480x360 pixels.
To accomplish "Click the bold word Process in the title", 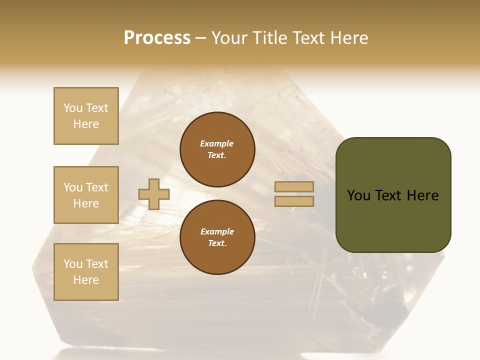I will click(157, 38).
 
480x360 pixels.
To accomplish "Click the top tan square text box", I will click(86, 116).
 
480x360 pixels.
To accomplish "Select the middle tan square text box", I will click(86, 195).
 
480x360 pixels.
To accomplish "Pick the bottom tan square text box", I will click(86, 272).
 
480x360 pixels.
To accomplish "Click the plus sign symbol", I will click(154, 194).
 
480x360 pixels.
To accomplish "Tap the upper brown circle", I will click(217, 149).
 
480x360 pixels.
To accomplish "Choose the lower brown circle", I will click(217, 237).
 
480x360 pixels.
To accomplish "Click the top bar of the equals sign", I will click(294, 187).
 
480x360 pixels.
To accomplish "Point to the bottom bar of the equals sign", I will click(294, 201).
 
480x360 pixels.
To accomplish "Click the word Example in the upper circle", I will click(217, 143).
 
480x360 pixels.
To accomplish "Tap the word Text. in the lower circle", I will click(217, 243).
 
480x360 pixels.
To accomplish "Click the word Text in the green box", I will click(388, 195).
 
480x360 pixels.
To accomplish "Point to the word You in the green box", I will click(358, 195).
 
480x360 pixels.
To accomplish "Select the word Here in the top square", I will click(86, 124).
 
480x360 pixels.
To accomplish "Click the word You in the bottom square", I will click(73, 264).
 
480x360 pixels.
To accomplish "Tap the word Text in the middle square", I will click(97, 187).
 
